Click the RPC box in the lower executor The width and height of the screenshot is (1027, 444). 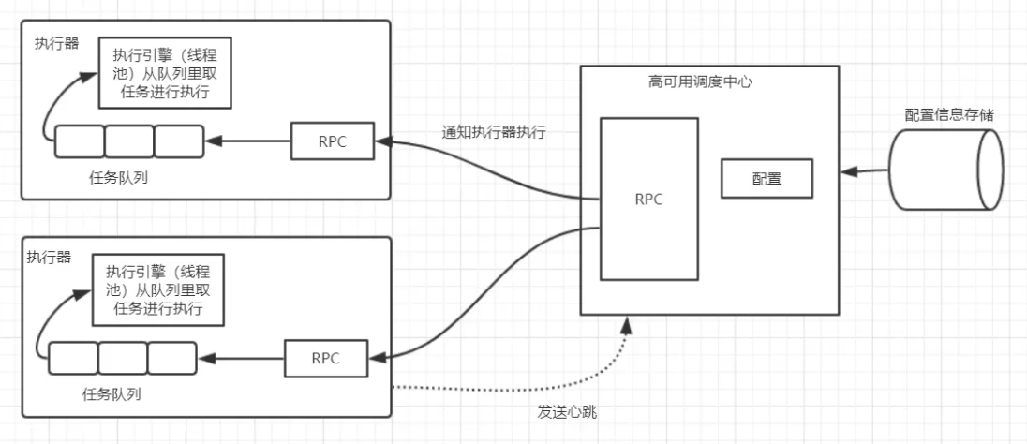pos(325,358)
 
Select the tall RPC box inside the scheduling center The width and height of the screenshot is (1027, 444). pos(648,199)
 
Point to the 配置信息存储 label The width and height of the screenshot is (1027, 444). pos(948,113)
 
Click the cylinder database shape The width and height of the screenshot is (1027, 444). pos(947,170)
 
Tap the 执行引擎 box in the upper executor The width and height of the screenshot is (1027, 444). pos(165,73)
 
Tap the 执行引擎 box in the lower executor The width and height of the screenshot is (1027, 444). pos(158,289)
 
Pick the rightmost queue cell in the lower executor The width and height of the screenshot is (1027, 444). pos(171,358)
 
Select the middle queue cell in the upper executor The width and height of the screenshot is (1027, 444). pos(128,141)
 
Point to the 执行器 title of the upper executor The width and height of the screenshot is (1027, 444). pos(58,42)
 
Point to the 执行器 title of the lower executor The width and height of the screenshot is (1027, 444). pos(49,258)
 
